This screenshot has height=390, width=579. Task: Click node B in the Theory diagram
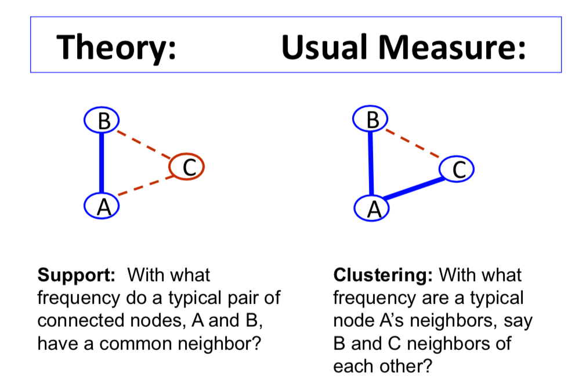point(102,121)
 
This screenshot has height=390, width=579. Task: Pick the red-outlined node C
point(186,168)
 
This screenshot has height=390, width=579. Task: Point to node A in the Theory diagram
point(102,205)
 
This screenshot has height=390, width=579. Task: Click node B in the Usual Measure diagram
point(371,120)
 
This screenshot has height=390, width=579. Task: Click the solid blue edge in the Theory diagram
point(102,162)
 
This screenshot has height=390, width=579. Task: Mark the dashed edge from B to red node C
point(144,145)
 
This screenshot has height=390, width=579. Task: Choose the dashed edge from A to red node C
point(144,186)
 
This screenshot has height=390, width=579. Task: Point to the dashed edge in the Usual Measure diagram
point(414,143)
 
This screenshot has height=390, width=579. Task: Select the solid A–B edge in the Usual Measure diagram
point(371,164)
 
